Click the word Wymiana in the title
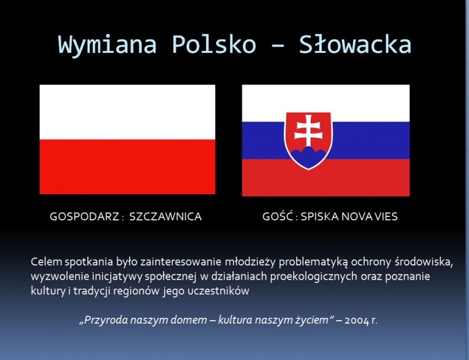[107, 45]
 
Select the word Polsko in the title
[214, 44]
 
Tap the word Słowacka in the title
[355, 44]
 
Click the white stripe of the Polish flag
[127, 112]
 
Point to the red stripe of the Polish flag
[127, 167]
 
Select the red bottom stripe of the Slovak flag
[326, 178]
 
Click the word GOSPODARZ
[84, 216]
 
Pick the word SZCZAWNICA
[165, 216]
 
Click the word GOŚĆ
[277, 216]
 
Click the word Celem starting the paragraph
[46, 261]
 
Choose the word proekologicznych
[314, 277]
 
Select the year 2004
[357, 321]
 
